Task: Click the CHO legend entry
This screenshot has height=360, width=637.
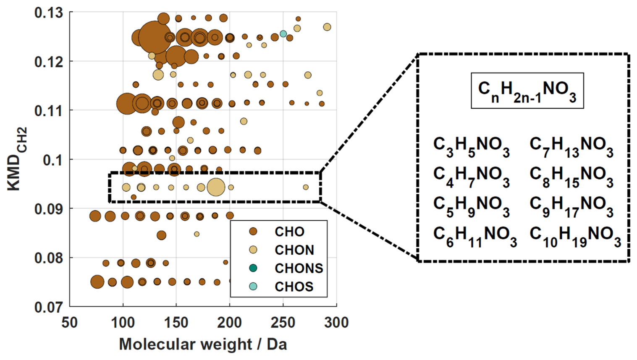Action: [x=289, y=232]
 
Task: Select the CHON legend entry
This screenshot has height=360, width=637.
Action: [x=294, y=250]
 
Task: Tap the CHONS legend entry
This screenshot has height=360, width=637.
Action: [x=299, y=268]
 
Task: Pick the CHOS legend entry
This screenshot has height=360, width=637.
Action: [x=294, y=287]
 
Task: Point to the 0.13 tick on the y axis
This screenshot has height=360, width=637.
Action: [x=49, y=13]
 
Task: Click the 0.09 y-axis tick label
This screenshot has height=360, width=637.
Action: [x=49, y=209]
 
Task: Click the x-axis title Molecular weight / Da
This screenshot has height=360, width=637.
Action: [x=203, y=344]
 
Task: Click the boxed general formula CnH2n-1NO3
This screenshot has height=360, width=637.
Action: [x=527, y=91]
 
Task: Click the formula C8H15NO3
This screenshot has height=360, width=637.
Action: [x=571, y=176]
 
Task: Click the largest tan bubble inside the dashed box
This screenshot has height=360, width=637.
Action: [x=216, y=187]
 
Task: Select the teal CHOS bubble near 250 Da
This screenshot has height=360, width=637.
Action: [x=283, y=34]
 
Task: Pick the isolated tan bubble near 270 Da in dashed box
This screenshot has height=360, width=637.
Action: [x=306, y=187]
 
